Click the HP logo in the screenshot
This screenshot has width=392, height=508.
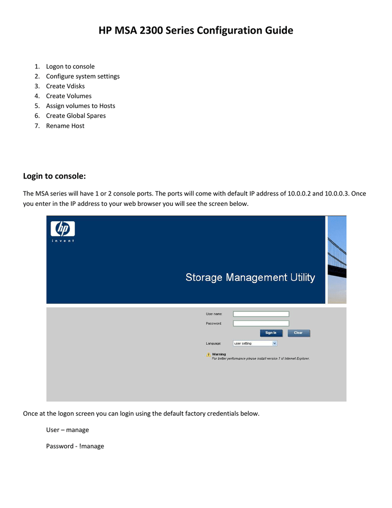(62, 229)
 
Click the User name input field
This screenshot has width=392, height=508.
(261, 314)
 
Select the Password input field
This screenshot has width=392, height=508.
(261, 323)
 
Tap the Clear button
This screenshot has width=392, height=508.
(298, 333)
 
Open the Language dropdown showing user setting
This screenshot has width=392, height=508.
(255, 343)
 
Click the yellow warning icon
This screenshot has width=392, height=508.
(209, 355)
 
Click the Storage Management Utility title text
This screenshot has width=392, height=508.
(250, 277)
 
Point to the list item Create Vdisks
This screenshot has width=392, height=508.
(65, 86)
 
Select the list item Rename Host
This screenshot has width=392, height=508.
(65, 126)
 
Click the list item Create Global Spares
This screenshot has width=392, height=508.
(75, 116)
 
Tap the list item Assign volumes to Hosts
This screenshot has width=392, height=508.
(80, 106)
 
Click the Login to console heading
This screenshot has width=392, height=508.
(55, 176)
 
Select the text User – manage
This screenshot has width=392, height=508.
(67, 430)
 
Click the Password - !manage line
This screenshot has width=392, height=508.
(75, 446)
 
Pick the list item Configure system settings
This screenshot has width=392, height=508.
(83, 76)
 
